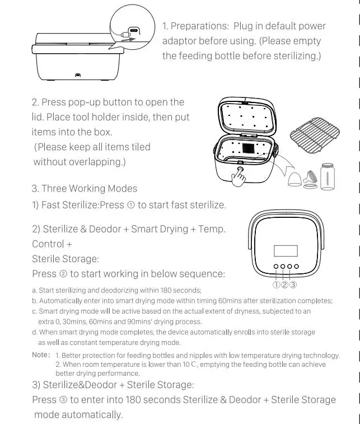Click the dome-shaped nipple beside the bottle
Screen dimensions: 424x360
[292, 180]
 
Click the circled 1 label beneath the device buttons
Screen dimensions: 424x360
[277, 285]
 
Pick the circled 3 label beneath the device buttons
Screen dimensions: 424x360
[293, 285]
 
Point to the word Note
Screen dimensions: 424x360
[40, 355]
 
